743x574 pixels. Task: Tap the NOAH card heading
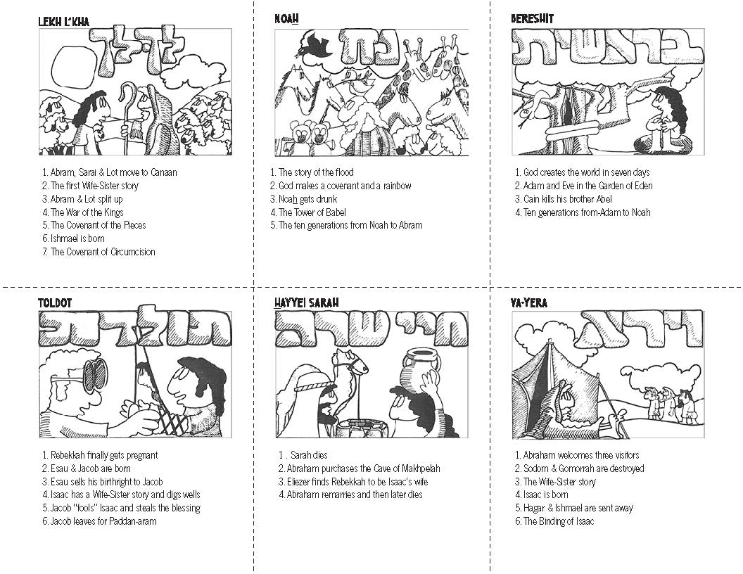coord(286,19)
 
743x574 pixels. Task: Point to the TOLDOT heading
coord(55,302)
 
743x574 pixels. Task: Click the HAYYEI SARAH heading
coord(307,302)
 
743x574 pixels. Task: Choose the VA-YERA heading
coord(529,302)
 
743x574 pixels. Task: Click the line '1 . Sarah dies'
coord(303,455)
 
